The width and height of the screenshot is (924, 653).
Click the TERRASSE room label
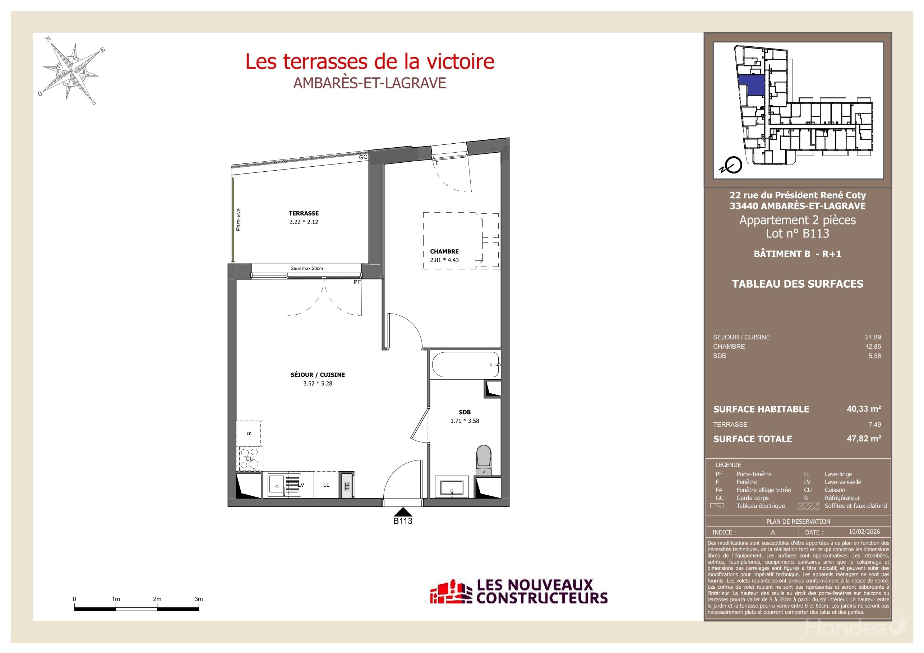[x=304, y=213]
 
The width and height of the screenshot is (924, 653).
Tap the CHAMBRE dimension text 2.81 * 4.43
[x=444, y=260]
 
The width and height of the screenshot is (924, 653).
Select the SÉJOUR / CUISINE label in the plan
[x=318, y=375]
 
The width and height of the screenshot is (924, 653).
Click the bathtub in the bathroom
[x=465, y=365]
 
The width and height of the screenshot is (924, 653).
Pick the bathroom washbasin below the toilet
[x=452, y=487]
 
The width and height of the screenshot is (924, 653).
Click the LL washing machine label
[x=326, y=485]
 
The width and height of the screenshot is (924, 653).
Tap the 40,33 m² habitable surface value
[x=864, y=409]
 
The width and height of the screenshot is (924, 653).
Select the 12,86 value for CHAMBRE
[x=873, y=346]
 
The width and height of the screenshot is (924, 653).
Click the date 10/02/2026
[x=864, y=532]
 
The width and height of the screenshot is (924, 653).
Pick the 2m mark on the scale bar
[x=157, y=599]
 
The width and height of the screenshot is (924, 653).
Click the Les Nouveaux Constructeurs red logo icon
[x=451, y=592]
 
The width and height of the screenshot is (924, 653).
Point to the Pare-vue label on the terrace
[x=239, y=220]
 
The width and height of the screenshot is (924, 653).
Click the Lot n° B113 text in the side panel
[x=797, y=233]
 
